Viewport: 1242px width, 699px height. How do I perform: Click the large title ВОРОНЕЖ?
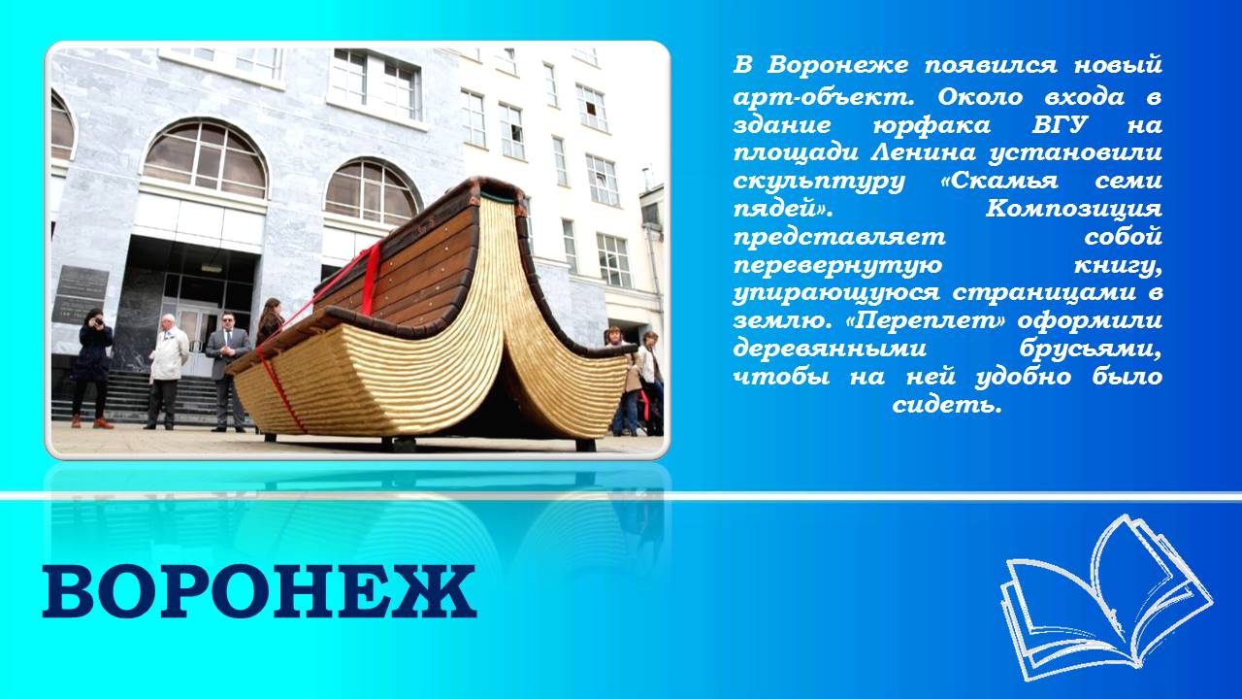pos(259,591)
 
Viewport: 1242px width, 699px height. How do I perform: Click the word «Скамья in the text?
pos(999,182)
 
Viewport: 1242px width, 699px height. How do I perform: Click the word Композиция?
pos(1073,210)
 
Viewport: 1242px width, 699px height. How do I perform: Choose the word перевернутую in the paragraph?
pos(837,266)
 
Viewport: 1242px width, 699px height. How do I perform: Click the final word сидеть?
pos(947,406)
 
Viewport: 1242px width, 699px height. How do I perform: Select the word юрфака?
pos(931,126)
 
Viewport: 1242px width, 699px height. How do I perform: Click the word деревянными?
pos(830,349)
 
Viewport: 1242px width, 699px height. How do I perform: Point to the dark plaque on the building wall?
pos(81,294)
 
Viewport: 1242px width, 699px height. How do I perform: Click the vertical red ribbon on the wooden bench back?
pos(370,279)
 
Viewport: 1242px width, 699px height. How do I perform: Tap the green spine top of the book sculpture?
pos(503,195)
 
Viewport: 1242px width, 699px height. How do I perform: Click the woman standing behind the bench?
pos(271,320)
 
